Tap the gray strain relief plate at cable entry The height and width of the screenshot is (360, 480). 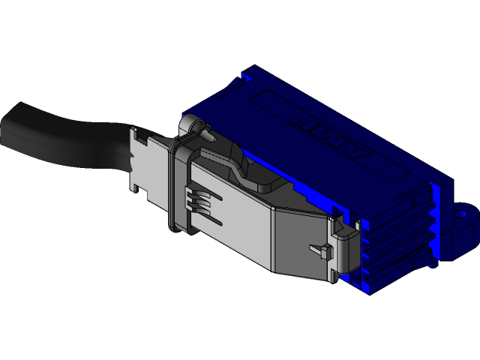tap(142, 161)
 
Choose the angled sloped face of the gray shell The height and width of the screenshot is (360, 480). tap(300, 240)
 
